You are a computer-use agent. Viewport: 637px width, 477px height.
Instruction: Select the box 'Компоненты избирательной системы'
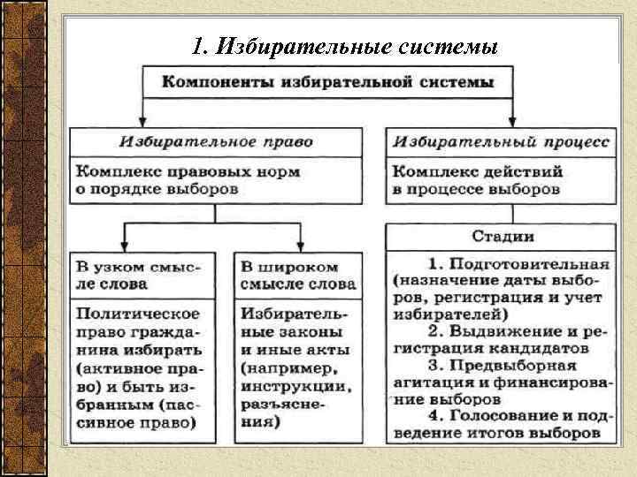[x=327, y=84]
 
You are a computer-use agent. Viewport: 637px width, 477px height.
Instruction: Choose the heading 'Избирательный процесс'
[x=501, y=141]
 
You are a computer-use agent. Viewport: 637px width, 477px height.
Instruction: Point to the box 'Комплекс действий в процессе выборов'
[x=501, y=179]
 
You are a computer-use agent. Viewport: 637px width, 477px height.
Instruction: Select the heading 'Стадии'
[x=501, y=237]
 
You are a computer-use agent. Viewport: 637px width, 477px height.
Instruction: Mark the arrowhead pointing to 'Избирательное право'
[x=143, y=122]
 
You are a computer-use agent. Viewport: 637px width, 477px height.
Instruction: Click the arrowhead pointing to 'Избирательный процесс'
[x=516, y=122]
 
